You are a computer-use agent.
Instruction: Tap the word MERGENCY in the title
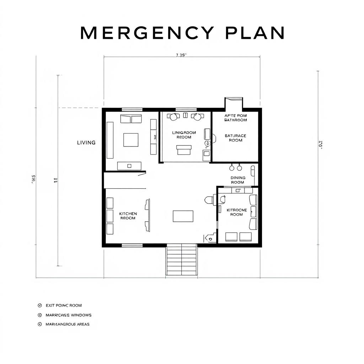coord(146,33)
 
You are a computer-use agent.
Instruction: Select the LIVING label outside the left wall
coord(86,143)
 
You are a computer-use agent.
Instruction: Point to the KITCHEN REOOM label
coord(128,216)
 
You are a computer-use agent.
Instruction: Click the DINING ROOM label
coord(238,180)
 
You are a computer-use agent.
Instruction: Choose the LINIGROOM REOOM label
coord(184,135)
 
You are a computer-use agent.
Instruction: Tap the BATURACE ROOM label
coord(235,138)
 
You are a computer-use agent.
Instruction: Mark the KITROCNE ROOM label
coord(236,212)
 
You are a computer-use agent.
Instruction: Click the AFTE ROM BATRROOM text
coord(235,118)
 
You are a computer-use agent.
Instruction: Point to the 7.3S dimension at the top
coord(181,55)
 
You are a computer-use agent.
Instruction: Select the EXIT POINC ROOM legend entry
coord(64,305)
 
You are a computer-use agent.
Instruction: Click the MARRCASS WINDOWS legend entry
coord(69,315)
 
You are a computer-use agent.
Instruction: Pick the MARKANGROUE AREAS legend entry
coord(68,324)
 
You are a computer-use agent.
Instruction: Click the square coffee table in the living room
coord(131,140)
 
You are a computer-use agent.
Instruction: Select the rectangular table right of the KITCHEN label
coord(183,216)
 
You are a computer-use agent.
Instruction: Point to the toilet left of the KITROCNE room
coord(209,200)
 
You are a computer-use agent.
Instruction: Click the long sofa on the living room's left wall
coord(110,140)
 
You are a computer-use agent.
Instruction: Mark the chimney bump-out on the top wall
coord(234,103)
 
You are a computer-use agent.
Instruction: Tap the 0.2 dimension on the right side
coord(321,145)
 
